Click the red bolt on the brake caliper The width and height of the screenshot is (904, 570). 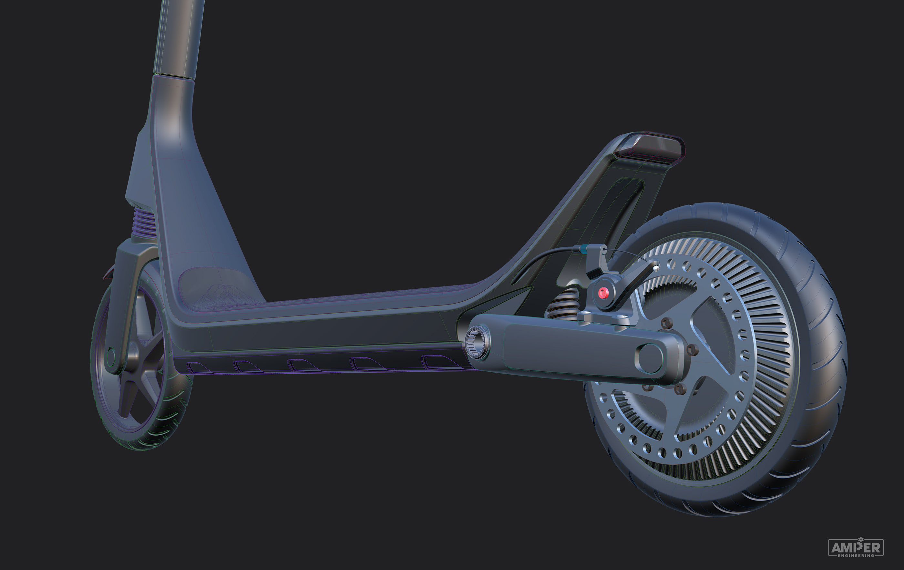click(603, 293)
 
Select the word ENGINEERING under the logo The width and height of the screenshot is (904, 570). click(856, 555)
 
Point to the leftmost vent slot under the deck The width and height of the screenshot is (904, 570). click(194, 367)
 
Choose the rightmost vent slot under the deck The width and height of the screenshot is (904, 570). click(436, 362)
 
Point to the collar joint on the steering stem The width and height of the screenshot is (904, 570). click(175, 75)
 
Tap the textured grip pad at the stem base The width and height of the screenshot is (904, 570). click(214, 287)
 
